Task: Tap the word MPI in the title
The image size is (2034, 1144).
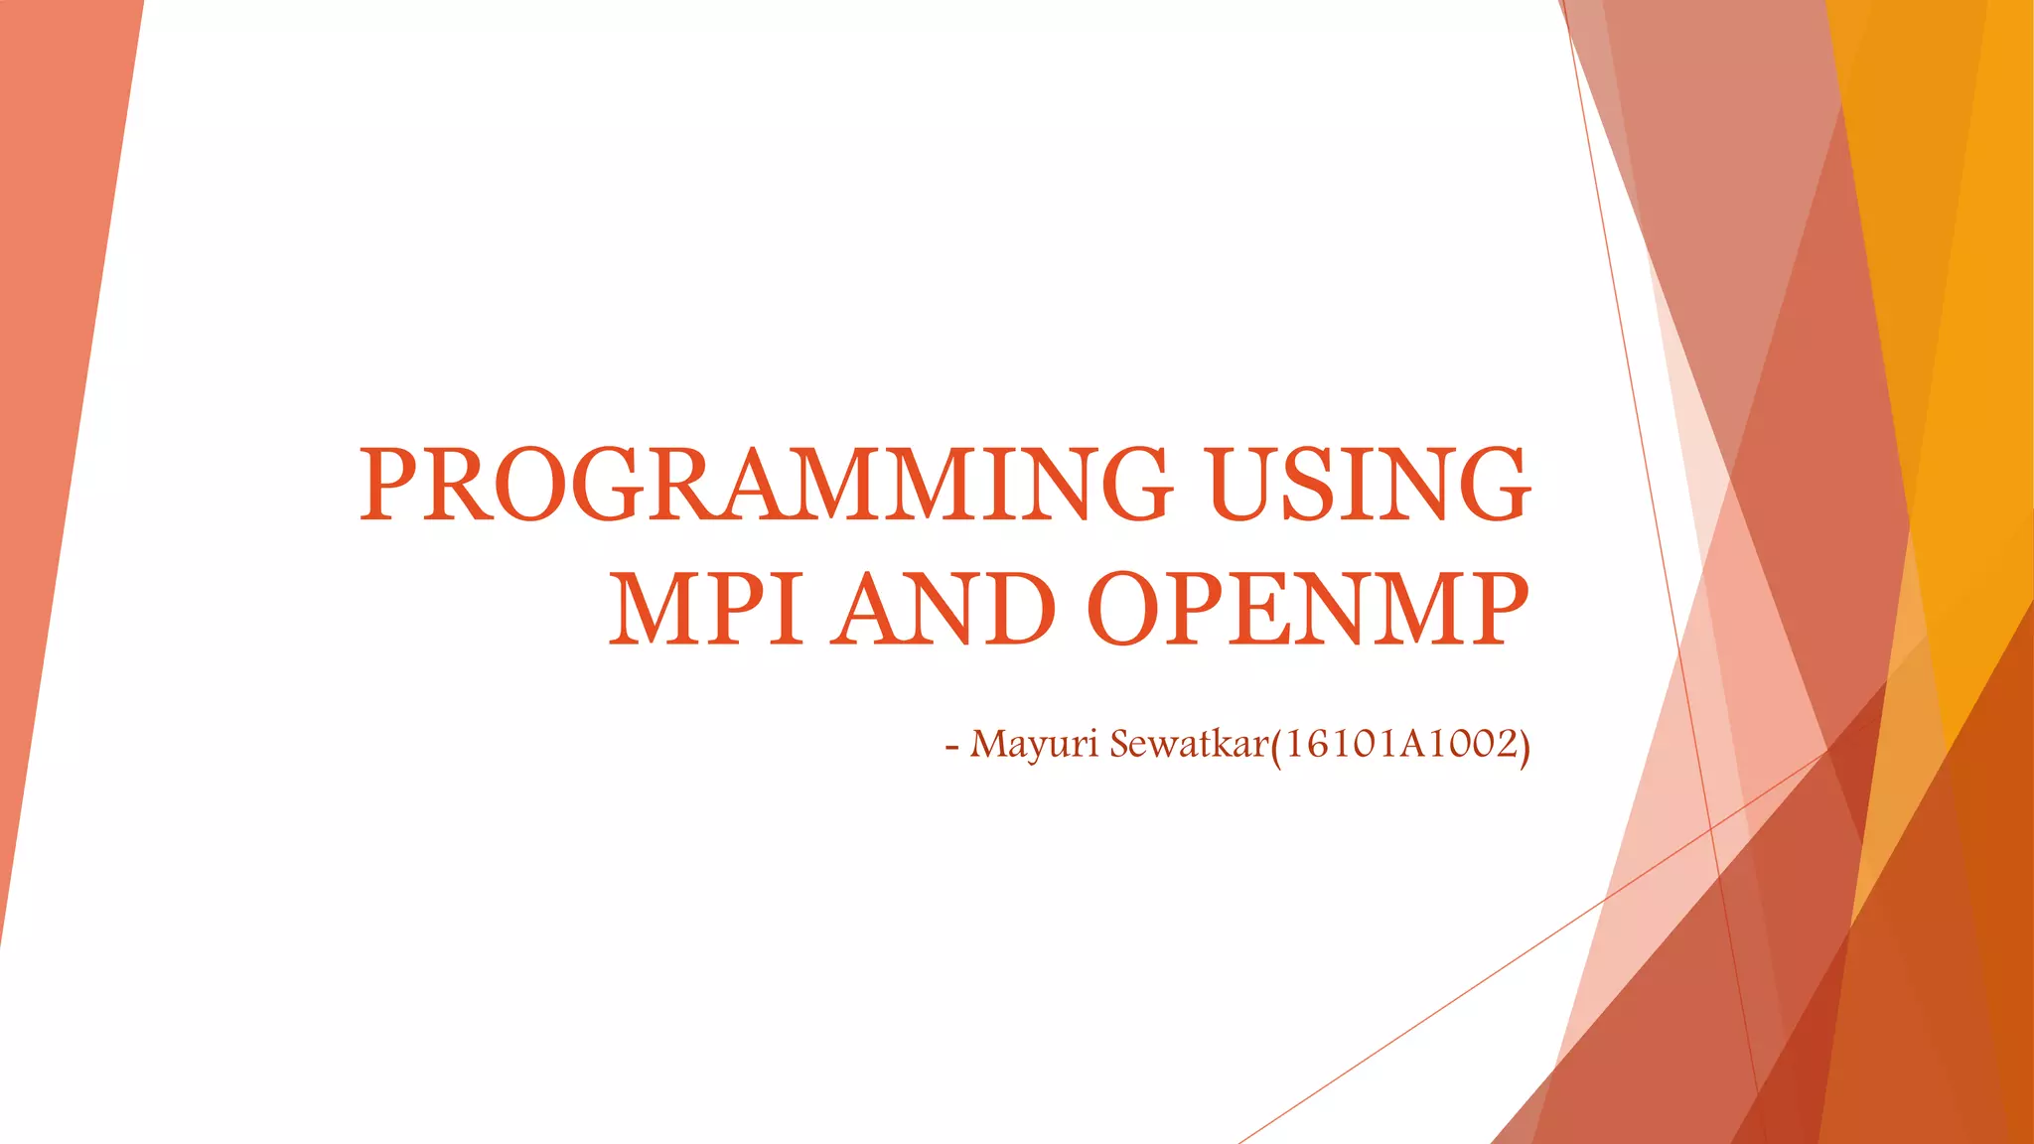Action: click(x=706, y=608)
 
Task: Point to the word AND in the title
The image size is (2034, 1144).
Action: click(x=944, y=608)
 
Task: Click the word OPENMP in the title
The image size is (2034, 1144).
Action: click(x=1308, y=608)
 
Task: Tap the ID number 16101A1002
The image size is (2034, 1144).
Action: click(x=1400, y=744)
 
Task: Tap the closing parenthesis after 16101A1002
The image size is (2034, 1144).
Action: click(x=1525, y=746)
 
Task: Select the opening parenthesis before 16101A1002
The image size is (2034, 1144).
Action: click(x=1276, y=746)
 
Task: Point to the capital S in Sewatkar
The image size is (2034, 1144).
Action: click(x=1121, y=744)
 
